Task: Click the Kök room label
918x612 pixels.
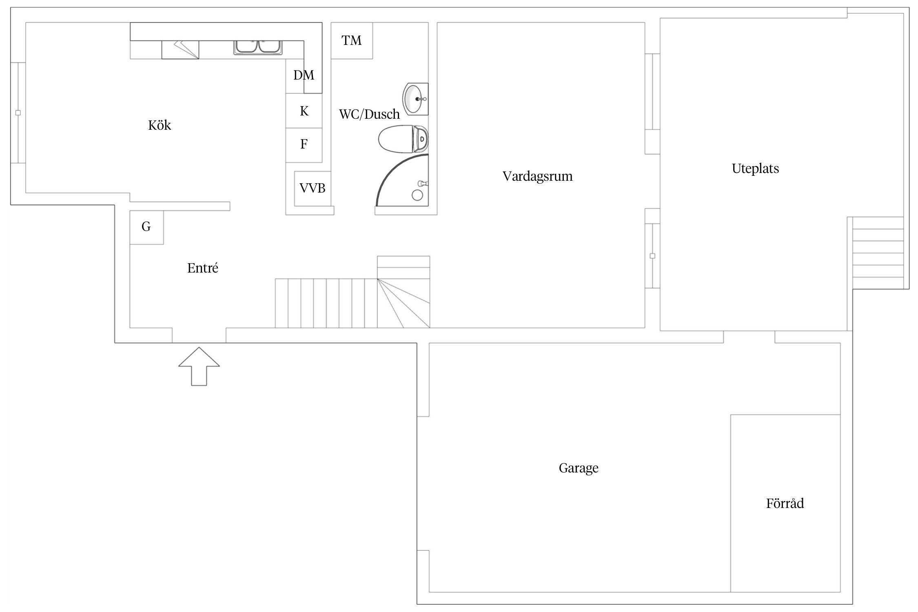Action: (160, 125)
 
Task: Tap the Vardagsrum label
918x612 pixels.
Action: (537, 176)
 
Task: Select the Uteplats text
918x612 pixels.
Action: (755, 169)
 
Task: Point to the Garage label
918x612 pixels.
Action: (579, 468)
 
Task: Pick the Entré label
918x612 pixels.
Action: (203, 268)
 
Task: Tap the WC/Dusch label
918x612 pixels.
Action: (369, 114)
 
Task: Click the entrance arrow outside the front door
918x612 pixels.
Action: (199, 366)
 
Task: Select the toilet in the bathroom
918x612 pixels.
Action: (403, 139)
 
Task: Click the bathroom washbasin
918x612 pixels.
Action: (415, 99)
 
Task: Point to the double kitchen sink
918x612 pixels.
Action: (258, 47)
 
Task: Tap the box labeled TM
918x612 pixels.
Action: (352, 40)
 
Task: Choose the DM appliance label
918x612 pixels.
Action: (304, 75)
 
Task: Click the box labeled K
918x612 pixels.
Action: (304, 111)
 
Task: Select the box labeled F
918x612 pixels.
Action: (304, 145)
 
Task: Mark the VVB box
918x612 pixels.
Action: (313, 188)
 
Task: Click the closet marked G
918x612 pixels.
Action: (146, 227)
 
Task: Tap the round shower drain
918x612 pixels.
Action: (417, 195)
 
